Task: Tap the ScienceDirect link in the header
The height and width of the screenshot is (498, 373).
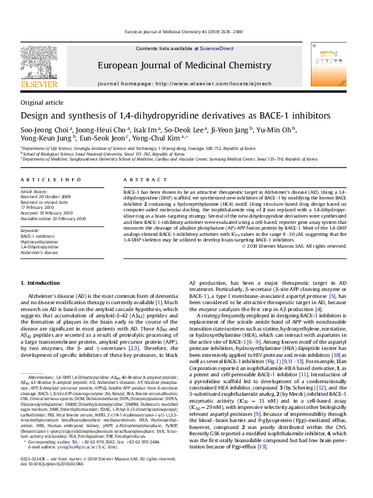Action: [216, 48]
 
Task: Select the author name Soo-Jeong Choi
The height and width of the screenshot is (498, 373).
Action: [40, 129]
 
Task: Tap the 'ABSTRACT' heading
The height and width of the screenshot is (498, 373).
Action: [142, 179]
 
